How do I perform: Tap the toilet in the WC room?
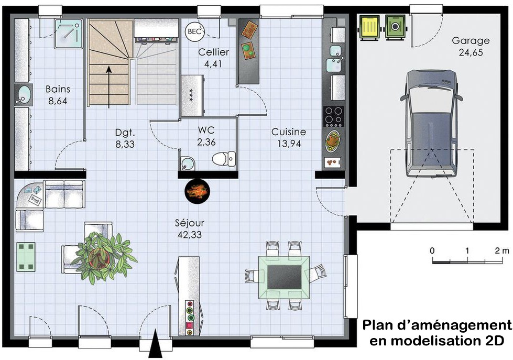tap(225, 158)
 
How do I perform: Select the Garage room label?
tap(471, 40)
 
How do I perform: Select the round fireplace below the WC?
tap(198, 191)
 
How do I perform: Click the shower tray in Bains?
tap(69, 34)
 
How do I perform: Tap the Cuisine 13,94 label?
tap(289, 137)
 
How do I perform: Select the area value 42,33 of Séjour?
tap(189, 234)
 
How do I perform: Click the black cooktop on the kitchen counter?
tap(333, 116)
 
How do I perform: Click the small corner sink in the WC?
tap(186, 163)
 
